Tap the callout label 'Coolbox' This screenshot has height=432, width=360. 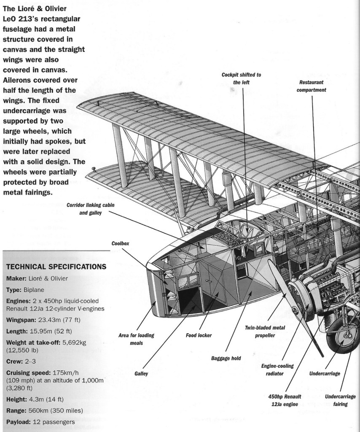(x=120, y=244)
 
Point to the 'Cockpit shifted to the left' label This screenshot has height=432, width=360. (x=241, y=78)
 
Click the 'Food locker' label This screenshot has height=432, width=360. (x=199, y=336)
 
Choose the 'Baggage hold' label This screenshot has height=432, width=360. (x=226, y=359)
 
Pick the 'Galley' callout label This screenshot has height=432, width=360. (x=141, y=373)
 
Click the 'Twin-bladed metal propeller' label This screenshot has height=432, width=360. (x=265, y=332)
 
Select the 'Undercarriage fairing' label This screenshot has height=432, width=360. (x=340, y=400)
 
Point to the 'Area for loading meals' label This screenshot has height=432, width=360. (x=137, y=339)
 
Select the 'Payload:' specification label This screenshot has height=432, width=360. (x=19, y=422)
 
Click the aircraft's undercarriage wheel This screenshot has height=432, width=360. (x=344, y=337)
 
